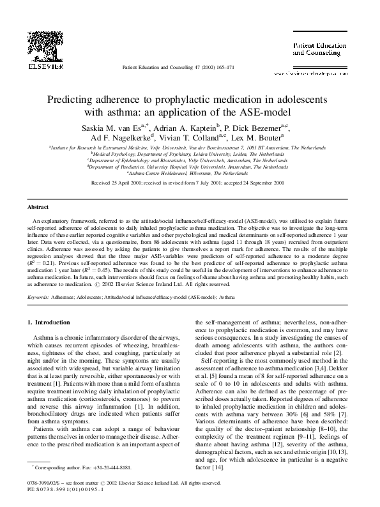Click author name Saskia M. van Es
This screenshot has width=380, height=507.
(115, 127)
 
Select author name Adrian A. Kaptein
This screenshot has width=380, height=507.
(193, 127)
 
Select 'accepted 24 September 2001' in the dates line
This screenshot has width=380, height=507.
(254, 182)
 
